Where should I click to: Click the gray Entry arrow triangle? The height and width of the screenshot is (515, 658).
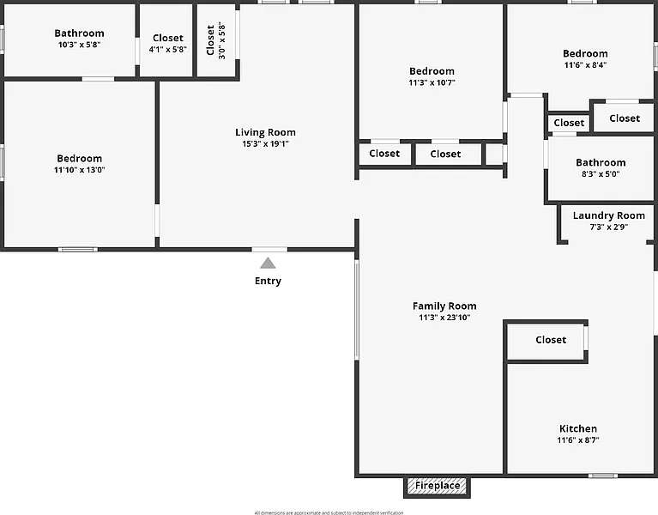point(269,264)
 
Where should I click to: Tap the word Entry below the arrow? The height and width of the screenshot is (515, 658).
point(268,281)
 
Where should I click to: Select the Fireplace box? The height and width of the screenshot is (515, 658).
point(438,487)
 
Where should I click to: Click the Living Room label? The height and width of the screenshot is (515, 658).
point(265,132)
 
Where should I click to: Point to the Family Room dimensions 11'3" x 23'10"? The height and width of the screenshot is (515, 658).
point(444,318)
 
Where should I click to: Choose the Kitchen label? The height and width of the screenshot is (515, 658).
point(578,428)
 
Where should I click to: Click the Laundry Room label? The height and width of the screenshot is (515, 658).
point(609,215)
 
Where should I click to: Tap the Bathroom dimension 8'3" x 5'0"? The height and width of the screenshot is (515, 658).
point(601,174)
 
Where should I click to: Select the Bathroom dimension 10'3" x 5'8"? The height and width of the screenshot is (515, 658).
point(79,45)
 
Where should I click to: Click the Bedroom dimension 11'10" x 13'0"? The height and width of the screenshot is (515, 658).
point(79,170)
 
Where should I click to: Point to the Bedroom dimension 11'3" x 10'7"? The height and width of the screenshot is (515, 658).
point(432,83)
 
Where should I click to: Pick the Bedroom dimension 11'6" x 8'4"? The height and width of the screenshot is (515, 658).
point(586,65)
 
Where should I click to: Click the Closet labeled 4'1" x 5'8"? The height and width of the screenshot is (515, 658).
point(167,50)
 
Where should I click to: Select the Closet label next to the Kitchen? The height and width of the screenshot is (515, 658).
point(551,340)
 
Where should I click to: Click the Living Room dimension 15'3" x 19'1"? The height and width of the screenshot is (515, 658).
point(265,144)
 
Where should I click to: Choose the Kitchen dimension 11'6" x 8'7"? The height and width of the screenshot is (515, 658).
point(578,440)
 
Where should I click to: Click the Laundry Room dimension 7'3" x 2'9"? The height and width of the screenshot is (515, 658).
point(609,227)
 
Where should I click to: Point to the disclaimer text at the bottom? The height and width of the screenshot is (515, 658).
point(329,512)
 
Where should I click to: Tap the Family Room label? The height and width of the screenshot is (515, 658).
point(444,306)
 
